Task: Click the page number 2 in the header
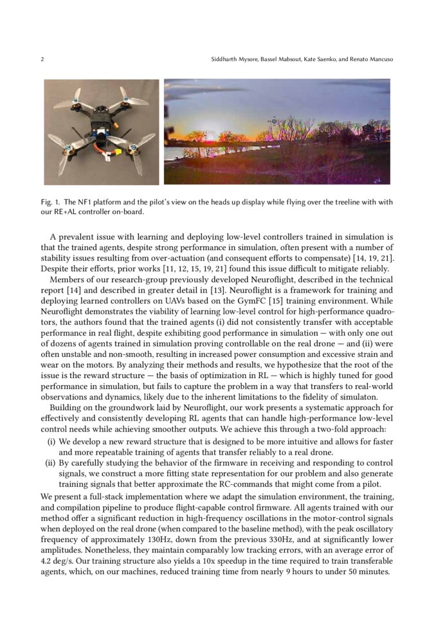pos(42,59)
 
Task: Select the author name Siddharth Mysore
pos(235,59)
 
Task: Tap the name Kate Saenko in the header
pos(316,59)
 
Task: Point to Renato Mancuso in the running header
pos(370,59)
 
